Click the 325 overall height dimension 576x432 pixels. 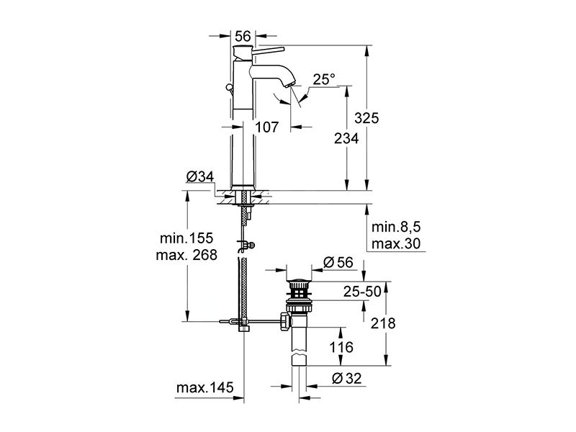[366, 118]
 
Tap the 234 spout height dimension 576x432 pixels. [346, 138]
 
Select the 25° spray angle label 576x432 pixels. [324, 79]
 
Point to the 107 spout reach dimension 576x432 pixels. [266, 127]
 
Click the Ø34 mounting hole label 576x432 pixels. [200, 176]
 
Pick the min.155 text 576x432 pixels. [186, 238]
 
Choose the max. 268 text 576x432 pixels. [186, 255]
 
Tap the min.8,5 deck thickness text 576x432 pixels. [396, 227]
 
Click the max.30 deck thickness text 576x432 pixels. [396, 243]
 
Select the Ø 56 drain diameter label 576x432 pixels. [338, 262]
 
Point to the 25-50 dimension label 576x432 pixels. [363, 292]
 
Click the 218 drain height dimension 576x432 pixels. [383, 323]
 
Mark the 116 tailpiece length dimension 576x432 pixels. [341, 347]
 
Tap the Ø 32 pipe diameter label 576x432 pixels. [346, 378]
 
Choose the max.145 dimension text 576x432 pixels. [204, 387]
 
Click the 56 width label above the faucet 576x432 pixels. [243, 37]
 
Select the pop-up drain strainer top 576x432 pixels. [299, 282]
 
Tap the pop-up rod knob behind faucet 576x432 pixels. [229, 87]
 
